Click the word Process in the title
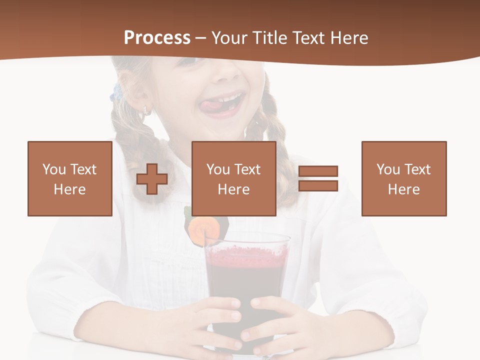(x=157, y=38)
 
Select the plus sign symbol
(x=152, y=179)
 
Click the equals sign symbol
(x=318, y=178)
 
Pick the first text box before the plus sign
(x=70, y=178)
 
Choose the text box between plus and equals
(x=234, y=178)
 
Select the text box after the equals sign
(x=404, y=178)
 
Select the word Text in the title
(x=305, y=38)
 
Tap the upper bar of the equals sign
(x=318, y=171)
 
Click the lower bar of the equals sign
(x=318, y=185)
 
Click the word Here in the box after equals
(x=404, y=189)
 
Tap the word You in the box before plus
(x=54, y=169)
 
